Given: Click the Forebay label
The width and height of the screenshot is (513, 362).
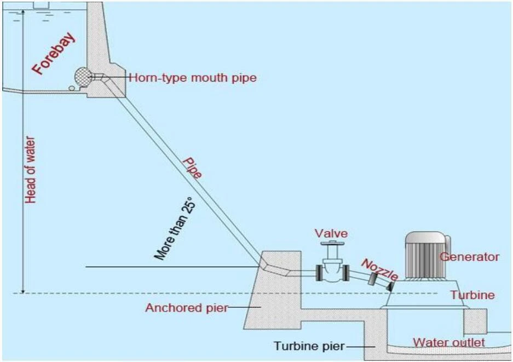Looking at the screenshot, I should tap(53, 54).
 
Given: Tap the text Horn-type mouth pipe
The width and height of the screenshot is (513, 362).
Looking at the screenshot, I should tap(193, 78).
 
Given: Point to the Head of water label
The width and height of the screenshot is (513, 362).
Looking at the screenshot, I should tap(31, 170).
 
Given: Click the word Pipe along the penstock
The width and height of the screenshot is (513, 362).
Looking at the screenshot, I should tap(192, 167).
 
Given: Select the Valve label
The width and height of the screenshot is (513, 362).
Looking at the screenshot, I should tap(331, 234).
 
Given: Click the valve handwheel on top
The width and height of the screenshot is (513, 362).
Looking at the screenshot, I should tap(331, 246).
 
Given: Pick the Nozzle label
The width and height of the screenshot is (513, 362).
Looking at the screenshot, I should tap(379, 270).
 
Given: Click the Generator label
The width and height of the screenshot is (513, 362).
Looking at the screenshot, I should tap(470, 257).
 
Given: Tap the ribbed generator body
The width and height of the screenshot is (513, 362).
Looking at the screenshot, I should tap(425, 257).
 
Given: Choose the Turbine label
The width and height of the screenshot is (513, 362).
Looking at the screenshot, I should tap(472, 295).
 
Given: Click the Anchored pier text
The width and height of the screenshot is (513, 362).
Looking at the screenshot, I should tap(186, 308).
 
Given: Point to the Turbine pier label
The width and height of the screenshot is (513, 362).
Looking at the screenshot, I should tap(310, 346).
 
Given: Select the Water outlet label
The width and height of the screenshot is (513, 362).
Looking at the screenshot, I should tap(448, 343).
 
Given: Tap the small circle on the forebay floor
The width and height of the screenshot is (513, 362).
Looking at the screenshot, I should tap(71, 88).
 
